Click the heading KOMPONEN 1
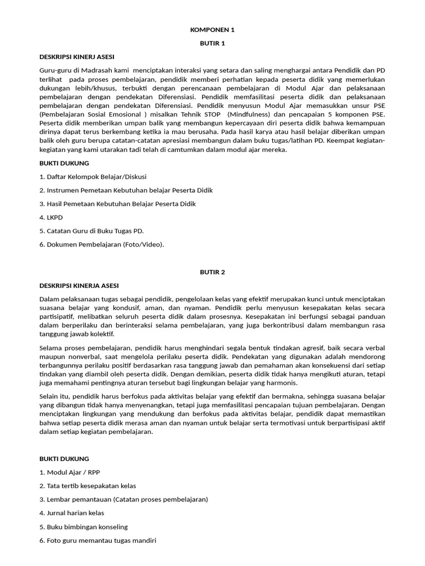click(212, 30)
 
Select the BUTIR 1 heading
click(212, 43)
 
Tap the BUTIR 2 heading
click(212, 272)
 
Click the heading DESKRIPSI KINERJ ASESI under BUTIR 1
click(77, 56)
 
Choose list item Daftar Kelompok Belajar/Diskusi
click(93, 176)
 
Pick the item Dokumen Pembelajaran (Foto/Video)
click(102, 244)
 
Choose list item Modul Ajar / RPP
click(70, 472)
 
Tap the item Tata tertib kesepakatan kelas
click(87, 486)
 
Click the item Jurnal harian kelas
click(71, 513)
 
